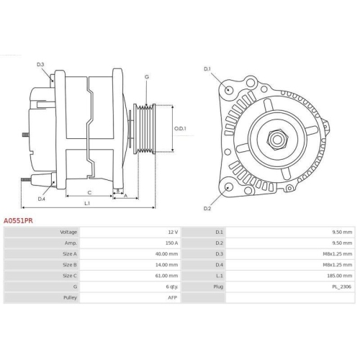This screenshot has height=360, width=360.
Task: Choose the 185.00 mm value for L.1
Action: point(342,275)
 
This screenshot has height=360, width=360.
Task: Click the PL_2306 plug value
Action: point(343,286)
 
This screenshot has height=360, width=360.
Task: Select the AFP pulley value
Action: point(172,297)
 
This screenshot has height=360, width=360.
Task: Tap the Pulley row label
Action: point(70,297)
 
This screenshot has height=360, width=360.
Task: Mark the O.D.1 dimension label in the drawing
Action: point(180,129)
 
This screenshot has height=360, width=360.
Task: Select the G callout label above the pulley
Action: point(146,77)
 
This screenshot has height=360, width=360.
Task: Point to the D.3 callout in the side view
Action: point(40,65)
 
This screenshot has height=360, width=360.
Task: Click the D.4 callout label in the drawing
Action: point(41,199)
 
